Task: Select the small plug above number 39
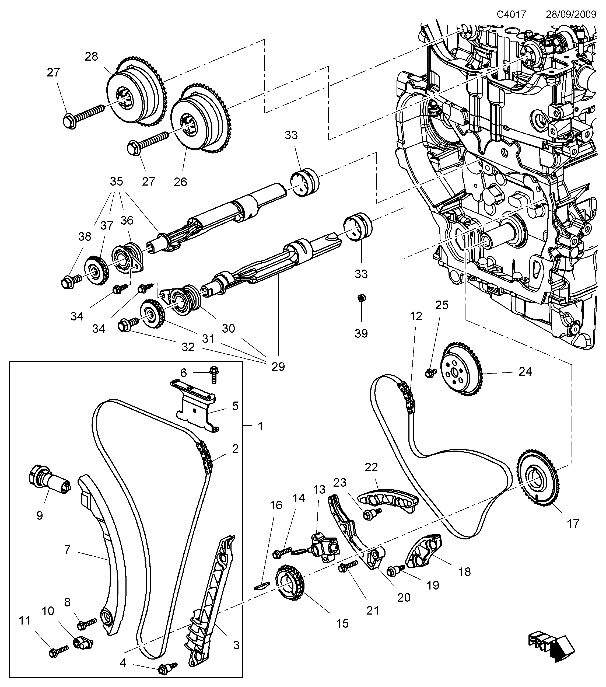pyautogui.click(x=361, y=298)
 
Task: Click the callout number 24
pyautogui.click(x=525, y=371)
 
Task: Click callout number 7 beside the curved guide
pyautogui.click(x=67, y=549)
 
